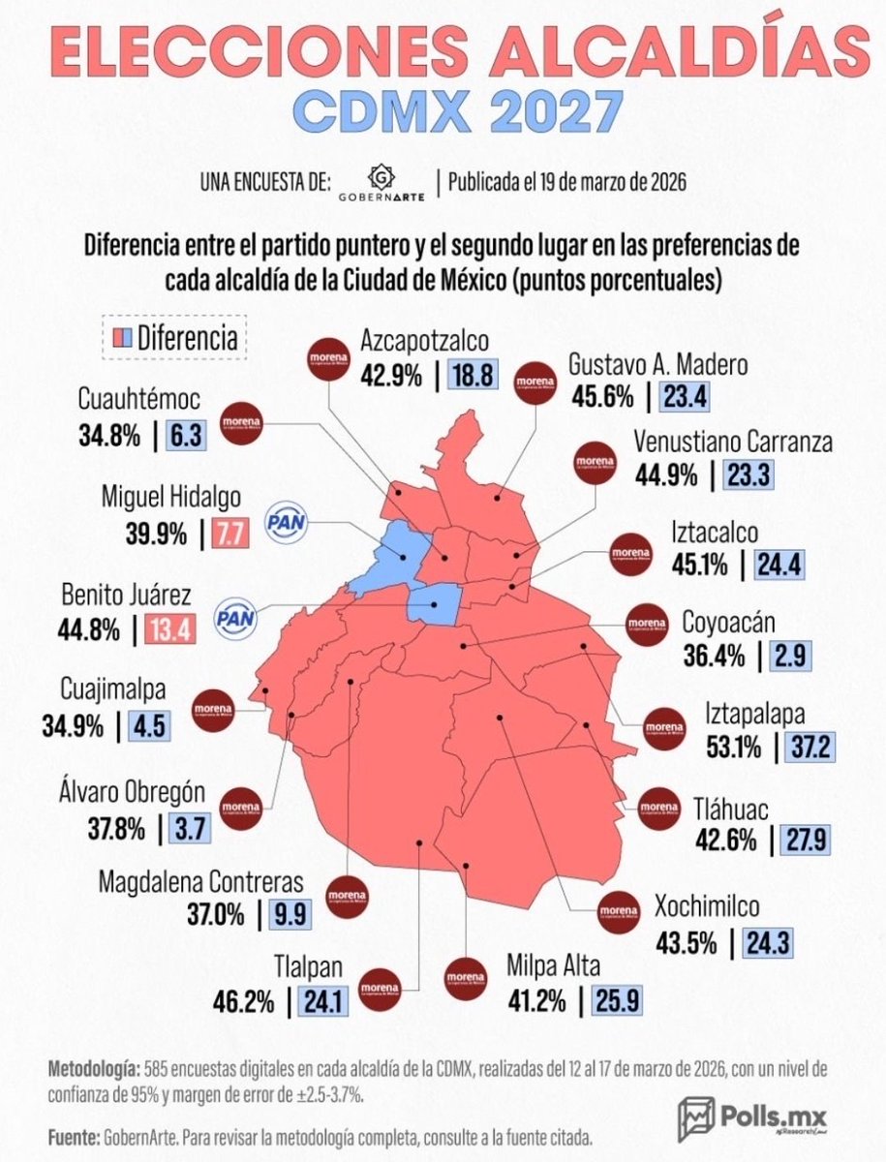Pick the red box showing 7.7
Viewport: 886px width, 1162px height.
click(231, 534)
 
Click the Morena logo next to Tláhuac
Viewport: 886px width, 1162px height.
click(660, 805)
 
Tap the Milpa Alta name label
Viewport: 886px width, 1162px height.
click(553, 966)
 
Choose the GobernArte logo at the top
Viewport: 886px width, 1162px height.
click(382, 182)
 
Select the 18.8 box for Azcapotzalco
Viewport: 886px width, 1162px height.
click(473, 373)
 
